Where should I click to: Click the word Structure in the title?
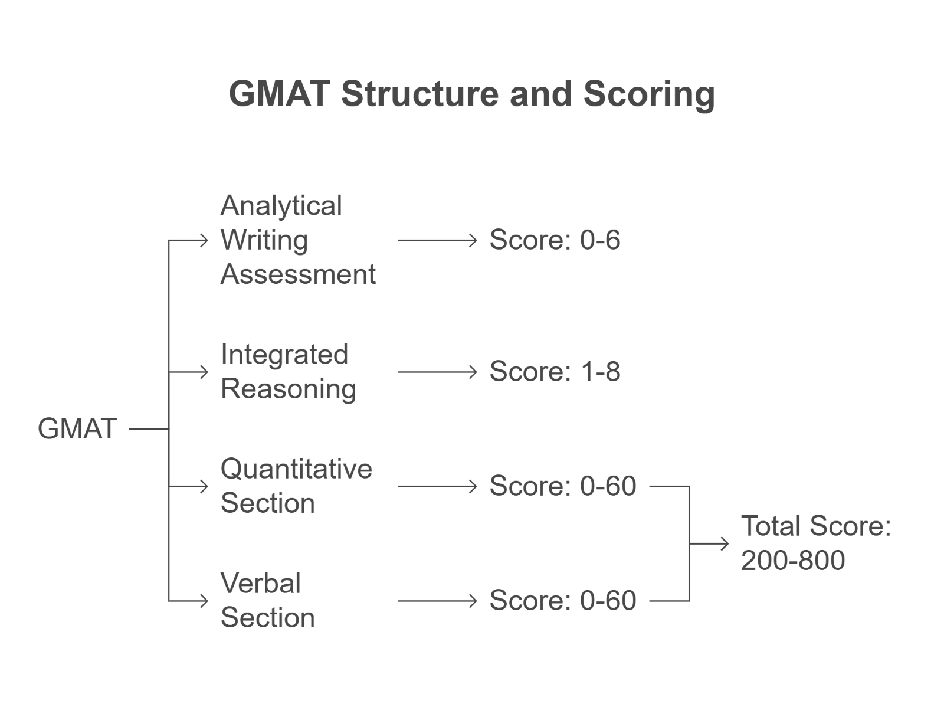point(419,94)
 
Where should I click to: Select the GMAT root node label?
point(77,429)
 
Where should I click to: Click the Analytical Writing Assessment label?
point(298,240)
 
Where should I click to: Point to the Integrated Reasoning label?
point(288,372)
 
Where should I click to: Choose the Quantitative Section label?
point(296,486)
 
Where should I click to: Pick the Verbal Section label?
point(267,601)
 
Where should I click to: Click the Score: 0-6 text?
point(555,240)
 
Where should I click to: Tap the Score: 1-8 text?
point(555,372)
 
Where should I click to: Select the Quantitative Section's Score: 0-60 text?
point(562,486)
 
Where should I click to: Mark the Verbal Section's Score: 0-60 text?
point(562,600)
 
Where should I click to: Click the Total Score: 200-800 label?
point(816,543)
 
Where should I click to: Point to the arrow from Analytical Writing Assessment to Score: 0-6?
point(437,240)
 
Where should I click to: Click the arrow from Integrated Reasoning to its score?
point(437,372)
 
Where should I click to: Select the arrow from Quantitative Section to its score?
point(437,486)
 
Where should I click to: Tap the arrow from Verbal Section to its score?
point(437,601)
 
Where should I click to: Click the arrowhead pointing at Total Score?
point(725,543)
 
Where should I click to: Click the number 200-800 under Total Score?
point(793,561)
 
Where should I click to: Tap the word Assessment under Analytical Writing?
point(298,274)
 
